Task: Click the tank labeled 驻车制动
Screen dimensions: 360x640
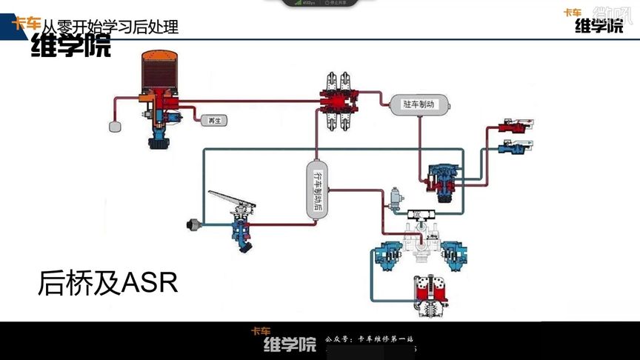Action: pyautogui.click(x=416, y=104)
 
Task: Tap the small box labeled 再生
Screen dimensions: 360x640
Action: pyautogui.click(x=213, y=119)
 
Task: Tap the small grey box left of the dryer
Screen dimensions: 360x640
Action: pyautogui.click(x=115, y=126)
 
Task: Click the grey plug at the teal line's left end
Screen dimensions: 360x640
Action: pyautogui.click(x=195, y=224)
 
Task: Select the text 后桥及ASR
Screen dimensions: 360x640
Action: pyautogui.click(x=108, y=283)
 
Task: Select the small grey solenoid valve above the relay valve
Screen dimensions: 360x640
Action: pyautogui.click(x=397, y=199)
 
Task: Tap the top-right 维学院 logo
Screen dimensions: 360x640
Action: pyautogui.click(x=599, y=23)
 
